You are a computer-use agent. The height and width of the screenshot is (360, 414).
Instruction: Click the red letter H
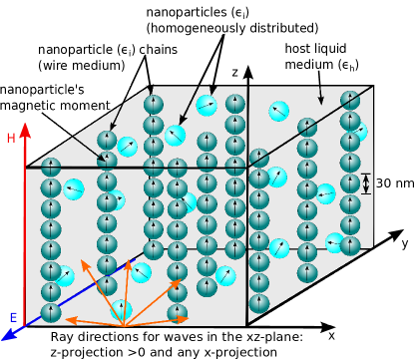pyautogui.click(x=11, y=139)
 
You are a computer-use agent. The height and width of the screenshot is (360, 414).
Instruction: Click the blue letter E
pyautogui.click(x=13, y=318)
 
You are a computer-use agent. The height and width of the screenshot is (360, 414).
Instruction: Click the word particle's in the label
pyautogui.click(x=56, y=90)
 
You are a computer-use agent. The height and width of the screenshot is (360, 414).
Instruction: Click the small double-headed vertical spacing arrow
pyautogui.click(x=366, y=183)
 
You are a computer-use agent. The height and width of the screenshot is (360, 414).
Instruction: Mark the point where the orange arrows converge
pyautogui.click(x=124, y=325)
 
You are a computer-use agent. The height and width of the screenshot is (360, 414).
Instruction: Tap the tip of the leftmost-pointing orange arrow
pyautogui.click(x=67, y=319)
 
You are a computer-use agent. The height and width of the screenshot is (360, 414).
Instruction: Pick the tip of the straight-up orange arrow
pyautogui.click(x=127, y=261)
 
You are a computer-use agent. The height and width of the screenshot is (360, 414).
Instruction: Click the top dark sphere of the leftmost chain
pyautogui.click(x=51, y=168)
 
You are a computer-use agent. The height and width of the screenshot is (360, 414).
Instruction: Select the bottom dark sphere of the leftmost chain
pyautogui.click(x=51, y=313)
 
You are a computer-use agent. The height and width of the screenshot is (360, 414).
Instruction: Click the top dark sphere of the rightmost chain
pyautogui.click(x=350, y=101)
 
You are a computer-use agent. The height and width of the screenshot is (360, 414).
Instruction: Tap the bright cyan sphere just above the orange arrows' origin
pyautogui.click(x=122, y=309)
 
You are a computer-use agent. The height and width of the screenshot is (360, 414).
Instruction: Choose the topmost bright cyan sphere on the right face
pyautogui.click(x=278, y=111)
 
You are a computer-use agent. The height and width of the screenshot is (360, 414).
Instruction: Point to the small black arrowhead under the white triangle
pyautogui.click(x=327, y=324)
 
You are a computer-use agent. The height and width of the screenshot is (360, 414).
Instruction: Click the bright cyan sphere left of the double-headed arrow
pyautogui.click(x=325, y=193)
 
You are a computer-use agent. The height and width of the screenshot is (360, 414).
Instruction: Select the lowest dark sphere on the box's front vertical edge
pyautogui.click(x=259, y=303)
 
